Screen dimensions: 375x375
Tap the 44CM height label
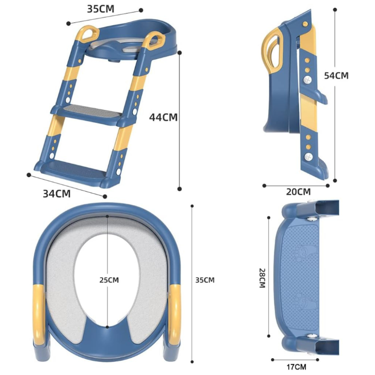164,117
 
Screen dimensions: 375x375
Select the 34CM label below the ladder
56,194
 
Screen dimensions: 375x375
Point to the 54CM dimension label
336,75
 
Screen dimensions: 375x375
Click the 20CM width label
298,192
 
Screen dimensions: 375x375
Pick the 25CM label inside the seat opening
109,280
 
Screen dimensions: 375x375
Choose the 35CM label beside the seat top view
205,280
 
